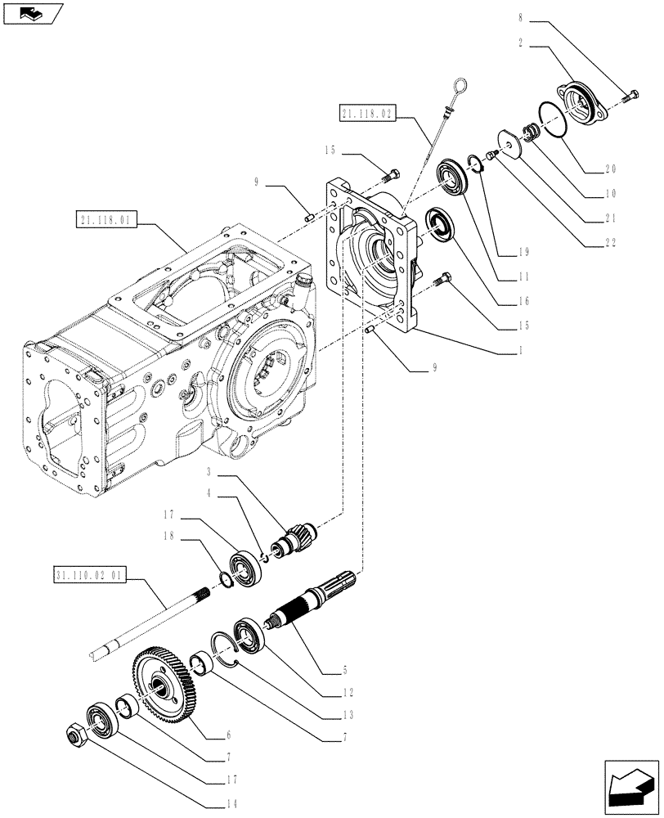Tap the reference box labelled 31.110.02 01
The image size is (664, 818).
coord(90,575)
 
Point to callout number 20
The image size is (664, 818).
coord(609,169)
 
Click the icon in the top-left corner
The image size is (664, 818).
coord(31,12)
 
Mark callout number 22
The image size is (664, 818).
coord(609,243)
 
